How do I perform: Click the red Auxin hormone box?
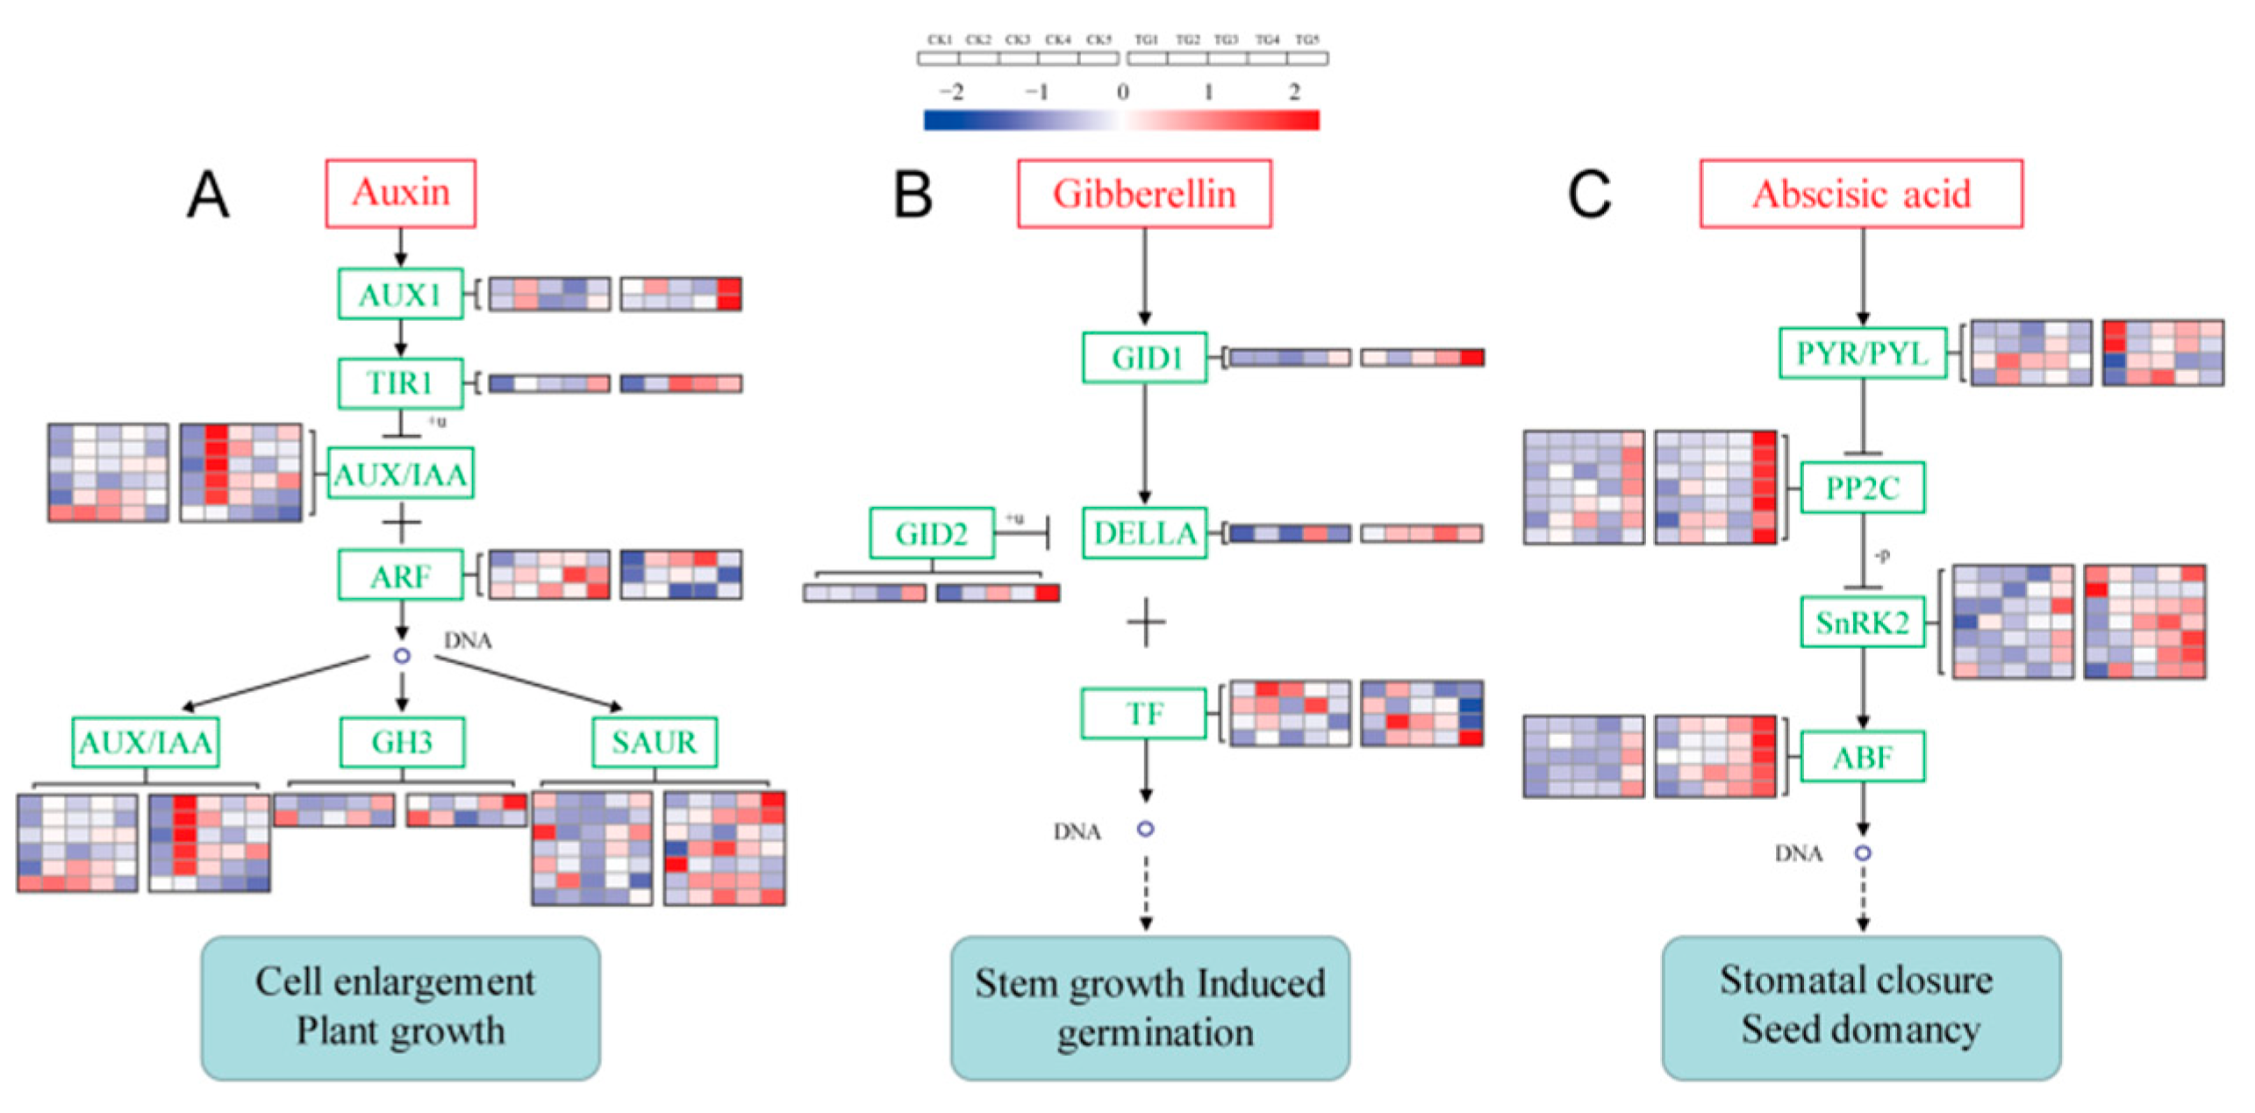click(400, 193)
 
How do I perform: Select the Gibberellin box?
click(1143, 194)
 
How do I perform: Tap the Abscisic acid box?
click(1860, 194)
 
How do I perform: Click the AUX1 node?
click(400, 294)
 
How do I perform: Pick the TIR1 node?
click(400, 383)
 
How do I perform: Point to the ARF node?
click(400, 575)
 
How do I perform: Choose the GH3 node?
click(402, 742)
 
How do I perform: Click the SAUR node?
click(654, 742)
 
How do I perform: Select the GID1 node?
click(1144, 357)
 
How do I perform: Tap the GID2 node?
click(931, 532)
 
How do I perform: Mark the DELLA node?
click(1144, 532)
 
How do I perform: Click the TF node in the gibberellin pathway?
click(1143, 714)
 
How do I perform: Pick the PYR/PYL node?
click(1862, 353)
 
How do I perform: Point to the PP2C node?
click(1862, 488)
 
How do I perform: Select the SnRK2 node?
click(1862, 623)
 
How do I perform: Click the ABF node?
click(1862, 756)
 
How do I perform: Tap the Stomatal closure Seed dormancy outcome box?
click(1860, 1007)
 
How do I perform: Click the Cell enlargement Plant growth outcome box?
click(400, 1007)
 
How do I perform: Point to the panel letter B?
click(913, 194)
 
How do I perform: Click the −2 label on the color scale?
click(951, 91)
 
